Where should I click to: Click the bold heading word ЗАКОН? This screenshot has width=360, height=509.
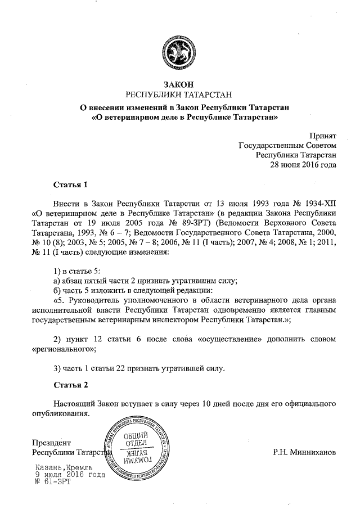(x=179, y=84)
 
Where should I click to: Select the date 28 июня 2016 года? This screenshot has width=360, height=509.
(x=304, y=165)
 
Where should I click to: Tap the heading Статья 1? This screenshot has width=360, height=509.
(x=71, y=184)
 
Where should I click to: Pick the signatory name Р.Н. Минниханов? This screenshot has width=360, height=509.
(x=304, y=451)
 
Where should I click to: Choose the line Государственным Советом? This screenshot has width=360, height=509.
(x=287, y=145)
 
